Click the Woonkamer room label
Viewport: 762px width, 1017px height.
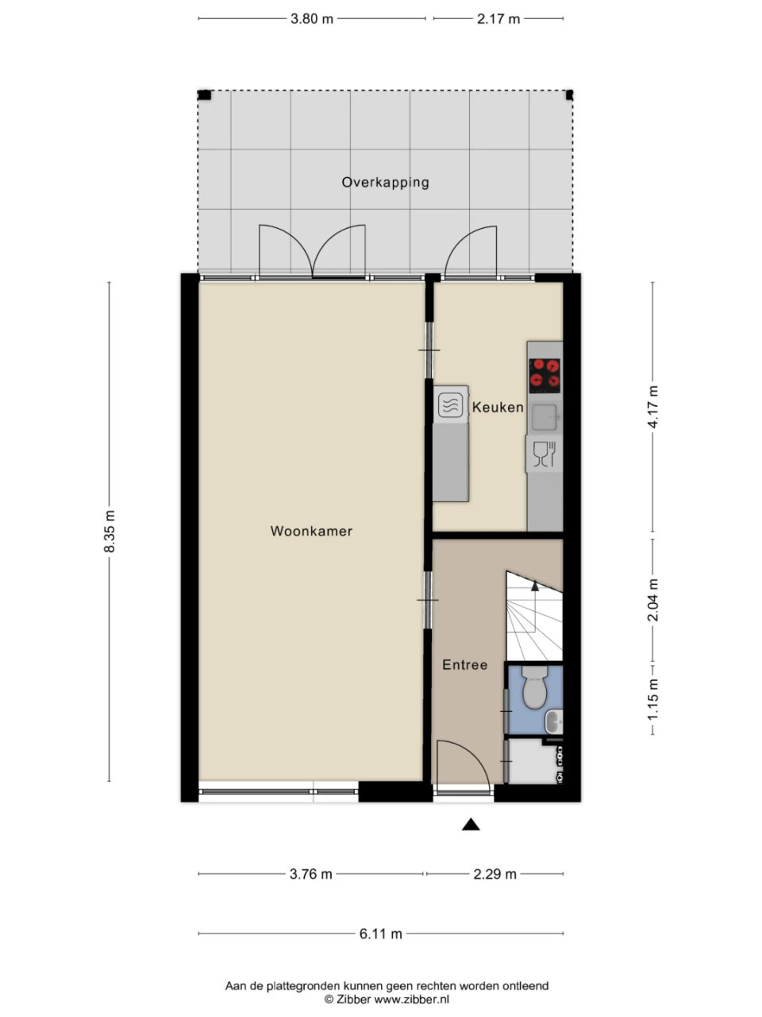[311, 532]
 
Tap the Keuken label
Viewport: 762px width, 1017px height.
[498, 408]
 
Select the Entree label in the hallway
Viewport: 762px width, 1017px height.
[464, 665]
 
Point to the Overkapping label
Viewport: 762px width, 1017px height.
[385, 182]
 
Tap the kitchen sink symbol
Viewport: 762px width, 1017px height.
[545, 416]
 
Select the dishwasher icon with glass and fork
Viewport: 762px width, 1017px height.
[544, 454]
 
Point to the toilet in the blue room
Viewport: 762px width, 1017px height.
[535, 686]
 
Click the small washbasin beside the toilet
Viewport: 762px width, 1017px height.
[553, 721]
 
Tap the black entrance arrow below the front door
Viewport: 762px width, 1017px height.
[471, 825]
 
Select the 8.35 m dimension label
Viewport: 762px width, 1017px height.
[110, 532]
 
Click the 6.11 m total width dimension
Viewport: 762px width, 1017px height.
[380, 934]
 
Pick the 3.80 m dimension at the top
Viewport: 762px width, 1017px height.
[311, 19]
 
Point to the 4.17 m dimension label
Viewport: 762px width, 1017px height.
[652, 407]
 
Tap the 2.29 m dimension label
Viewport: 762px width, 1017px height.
[495, 874]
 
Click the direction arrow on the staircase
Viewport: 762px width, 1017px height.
[535, 586]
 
